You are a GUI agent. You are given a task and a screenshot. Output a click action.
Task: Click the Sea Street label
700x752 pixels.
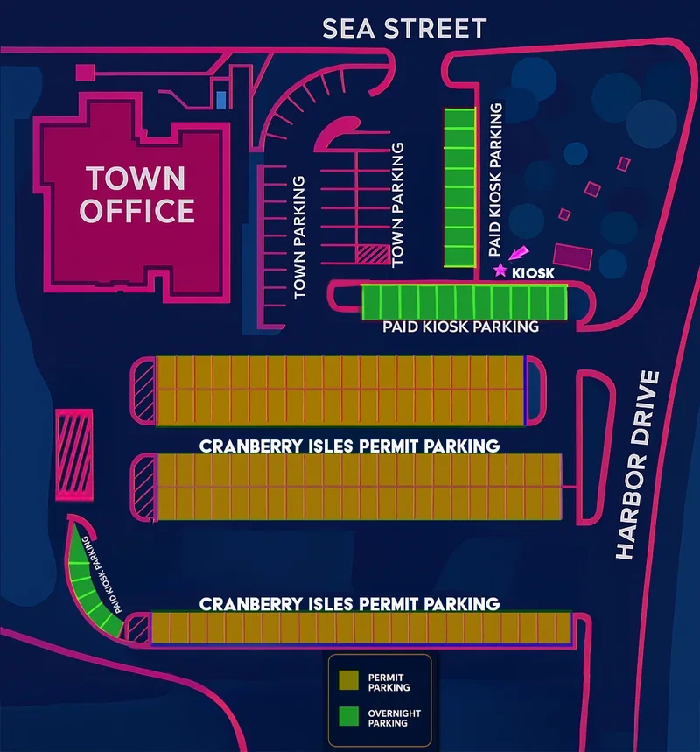click(403, 28)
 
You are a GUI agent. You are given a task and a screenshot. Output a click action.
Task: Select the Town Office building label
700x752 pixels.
click(136, 194)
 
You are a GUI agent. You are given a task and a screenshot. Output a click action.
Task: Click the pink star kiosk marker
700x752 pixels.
click(500, 271)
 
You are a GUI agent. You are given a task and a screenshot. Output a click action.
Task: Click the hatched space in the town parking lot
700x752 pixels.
click(372, 254)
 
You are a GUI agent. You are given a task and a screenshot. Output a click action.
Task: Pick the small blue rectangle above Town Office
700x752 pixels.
click(221, 99)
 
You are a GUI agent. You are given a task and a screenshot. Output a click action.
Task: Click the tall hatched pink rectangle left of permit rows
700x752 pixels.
click(73, 453)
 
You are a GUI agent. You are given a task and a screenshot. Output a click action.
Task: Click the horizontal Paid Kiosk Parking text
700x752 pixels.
click(460, 327)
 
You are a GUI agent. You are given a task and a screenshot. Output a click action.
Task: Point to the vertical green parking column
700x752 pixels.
click(458, 187)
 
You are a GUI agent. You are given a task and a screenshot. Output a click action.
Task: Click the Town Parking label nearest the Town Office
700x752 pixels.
click(299, 237)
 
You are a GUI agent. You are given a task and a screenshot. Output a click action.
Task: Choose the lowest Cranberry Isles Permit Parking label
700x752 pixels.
click(349, 604)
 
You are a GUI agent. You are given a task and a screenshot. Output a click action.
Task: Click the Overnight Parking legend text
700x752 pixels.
click(394, 718)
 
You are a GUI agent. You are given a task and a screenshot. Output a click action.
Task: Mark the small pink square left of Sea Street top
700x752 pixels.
click(85, 72)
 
